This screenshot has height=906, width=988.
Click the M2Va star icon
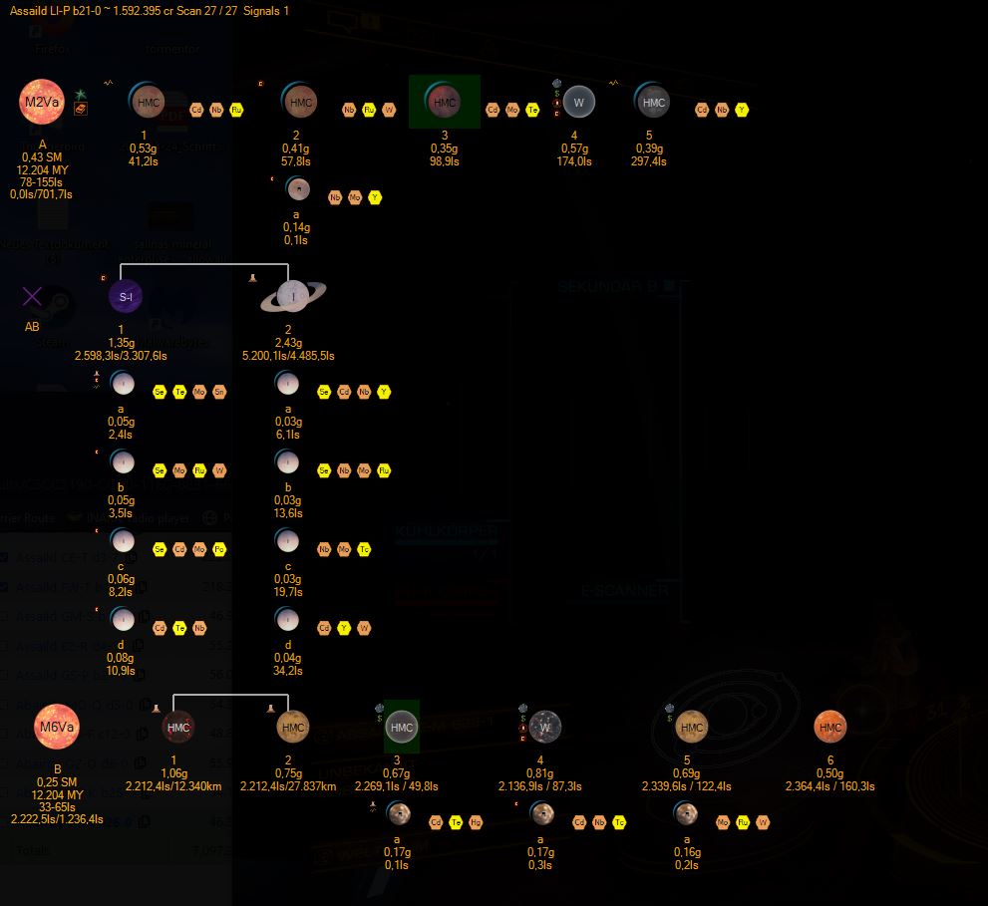pos(42,103)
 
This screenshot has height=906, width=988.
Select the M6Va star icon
pos(57,727)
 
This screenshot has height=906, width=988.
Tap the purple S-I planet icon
pos(126,296)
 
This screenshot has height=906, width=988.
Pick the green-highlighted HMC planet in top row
pos(444,102)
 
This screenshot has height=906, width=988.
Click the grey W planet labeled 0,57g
pos(578,102)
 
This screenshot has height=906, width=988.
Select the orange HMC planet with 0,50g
pos(830,728)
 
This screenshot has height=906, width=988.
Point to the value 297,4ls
pos(649,161)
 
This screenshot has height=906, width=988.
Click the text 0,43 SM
pos(43,157)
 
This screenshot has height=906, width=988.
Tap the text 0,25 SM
pos(57,782)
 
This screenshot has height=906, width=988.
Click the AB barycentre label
pos(33,326)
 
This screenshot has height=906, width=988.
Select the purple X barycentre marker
pos(33,296)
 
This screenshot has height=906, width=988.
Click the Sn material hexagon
pos(219,392)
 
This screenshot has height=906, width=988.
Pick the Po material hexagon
pos(219,549)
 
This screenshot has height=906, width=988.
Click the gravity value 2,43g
pos(288,343)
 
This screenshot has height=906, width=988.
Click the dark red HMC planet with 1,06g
pos(178,728)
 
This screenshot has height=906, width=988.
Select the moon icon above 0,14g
pos(297,188)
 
